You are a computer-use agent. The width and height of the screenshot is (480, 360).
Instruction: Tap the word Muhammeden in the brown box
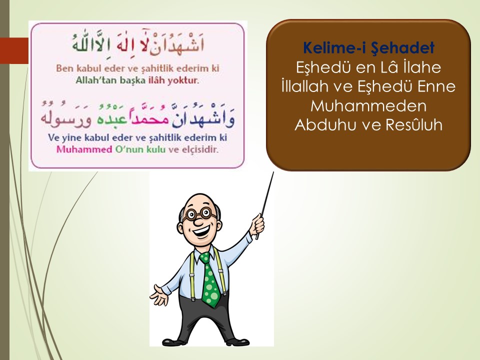pyautogui.click(x=368, y=106)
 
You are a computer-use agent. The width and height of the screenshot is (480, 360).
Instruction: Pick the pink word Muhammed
pyautogui.click(x=84, y=149)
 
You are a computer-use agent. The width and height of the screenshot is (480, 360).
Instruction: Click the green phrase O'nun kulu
pyautogui.click(x=140, y=149)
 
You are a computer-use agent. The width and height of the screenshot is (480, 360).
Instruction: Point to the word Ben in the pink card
pyautogui.click(x=64, y=68)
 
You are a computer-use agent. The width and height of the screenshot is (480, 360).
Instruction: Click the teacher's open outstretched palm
pyautogui.click(x=159, y=295)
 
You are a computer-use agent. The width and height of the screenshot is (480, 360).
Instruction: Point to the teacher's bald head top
pyautogui.click(x=200, y=199)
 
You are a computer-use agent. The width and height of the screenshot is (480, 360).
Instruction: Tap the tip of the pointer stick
pyautogui.click(x=273, y=172)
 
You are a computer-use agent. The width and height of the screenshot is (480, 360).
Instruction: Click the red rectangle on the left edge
pyautogui.click(x=14, y=50)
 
